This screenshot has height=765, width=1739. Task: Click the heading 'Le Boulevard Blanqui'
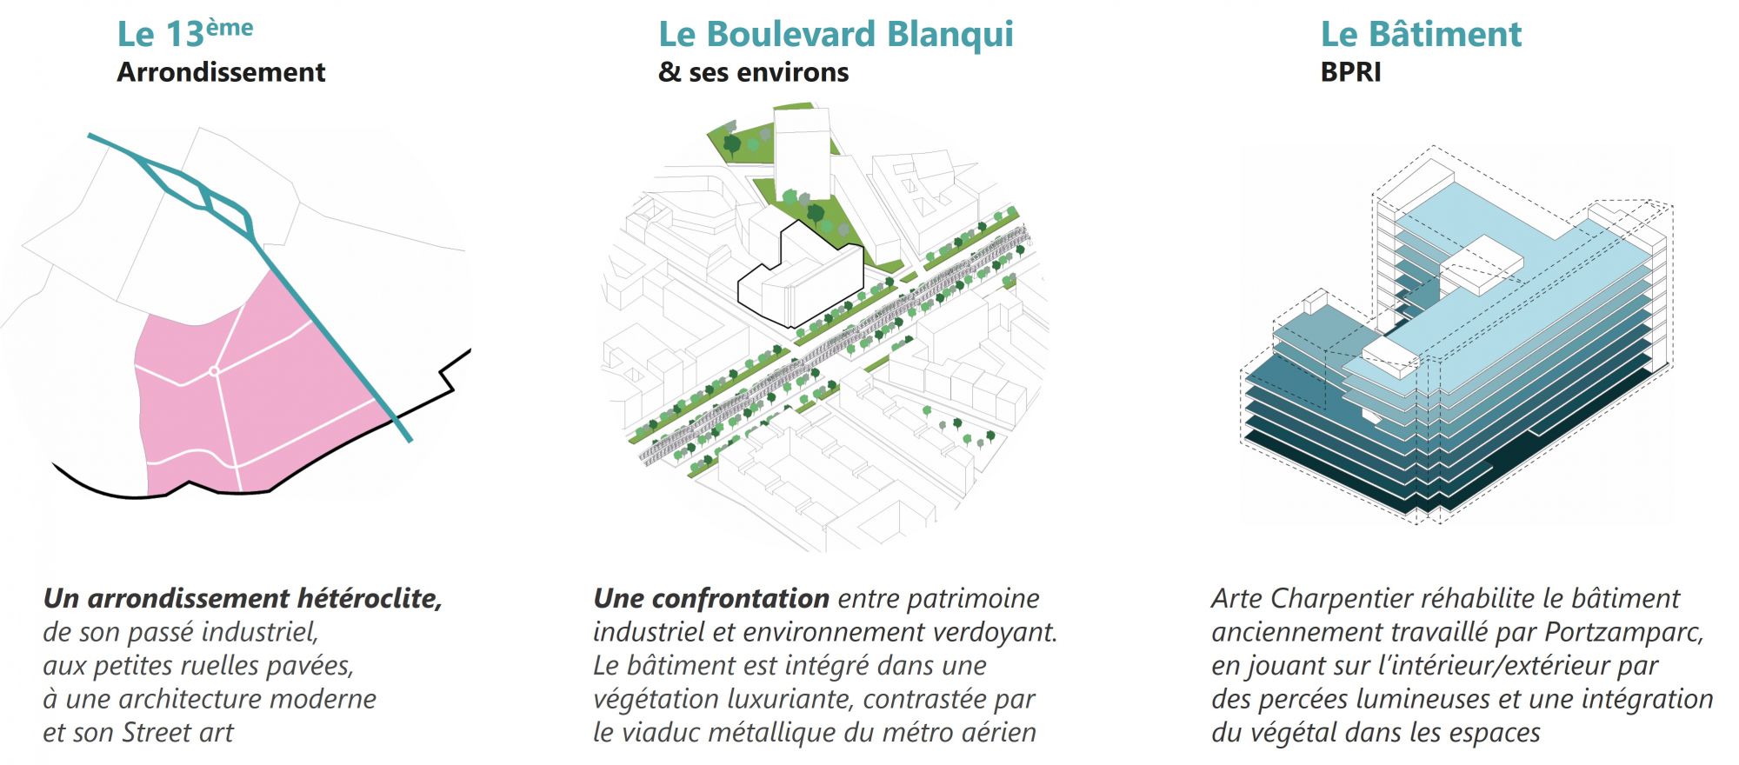click(836, 35)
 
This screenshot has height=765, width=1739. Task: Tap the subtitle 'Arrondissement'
click(221, 72)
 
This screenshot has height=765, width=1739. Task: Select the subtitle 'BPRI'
click(1350, 72)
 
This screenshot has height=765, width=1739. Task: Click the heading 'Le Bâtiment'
click(1421, 35)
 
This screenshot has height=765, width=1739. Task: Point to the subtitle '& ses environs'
click(753, 72)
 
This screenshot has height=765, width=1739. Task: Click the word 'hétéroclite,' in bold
click(370, 598)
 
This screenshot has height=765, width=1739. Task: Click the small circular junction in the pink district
click(214, 371)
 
